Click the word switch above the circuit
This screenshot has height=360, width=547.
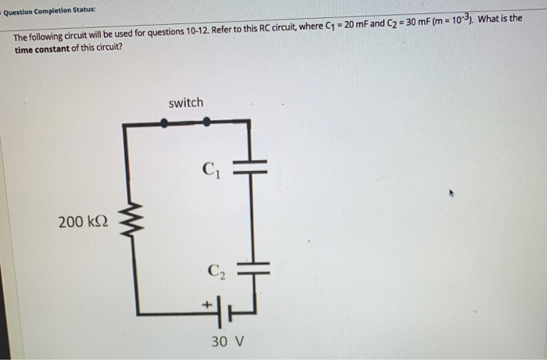[185, 103]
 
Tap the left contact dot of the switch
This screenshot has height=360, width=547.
[163, 122]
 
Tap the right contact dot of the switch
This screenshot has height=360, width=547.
[206, 122]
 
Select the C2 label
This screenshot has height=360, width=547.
[215, 272]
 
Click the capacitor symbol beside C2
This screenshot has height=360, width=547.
[251, 268]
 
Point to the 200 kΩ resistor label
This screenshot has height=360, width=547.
[82, 223]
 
